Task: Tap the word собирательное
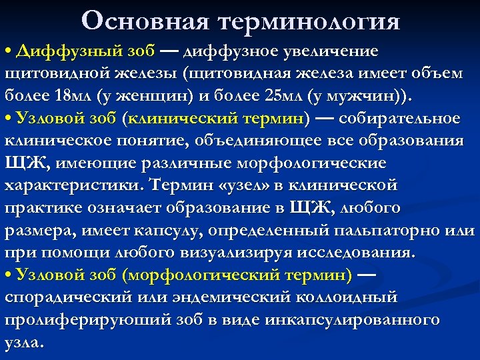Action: (x=409, y=119)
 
